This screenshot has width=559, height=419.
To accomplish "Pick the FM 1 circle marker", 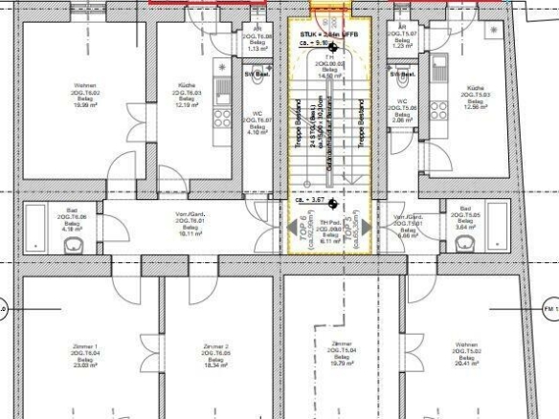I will click(550, 309).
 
